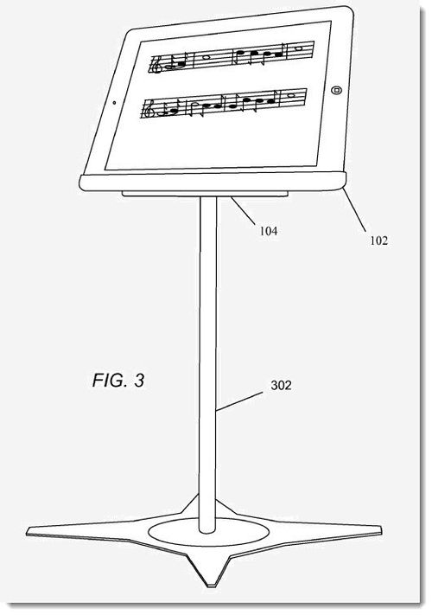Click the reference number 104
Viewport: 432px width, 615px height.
(269, 231)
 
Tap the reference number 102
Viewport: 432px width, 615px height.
(378, 240)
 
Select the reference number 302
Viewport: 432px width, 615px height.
(281, 385)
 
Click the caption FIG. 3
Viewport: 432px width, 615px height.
(118, 381)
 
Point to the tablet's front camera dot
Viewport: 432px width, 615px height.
(114, 103)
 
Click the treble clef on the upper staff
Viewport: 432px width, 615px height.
(157, 65)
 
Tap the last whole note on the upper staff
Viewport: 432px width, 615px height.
(298, 48)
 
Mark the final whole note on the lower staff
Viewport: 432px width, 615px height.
(291, 95)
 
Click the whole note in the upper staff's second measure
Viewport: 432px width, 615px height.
(206, 57)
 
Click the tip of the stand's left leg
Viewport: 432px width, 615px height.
(27, 533)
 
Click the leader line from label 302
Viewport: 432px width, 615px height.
(239, 400)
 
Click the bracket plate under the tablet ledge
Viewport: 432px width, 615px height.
(206, 194)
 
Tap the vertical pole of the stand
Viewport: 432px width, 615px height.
(207, 365)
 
